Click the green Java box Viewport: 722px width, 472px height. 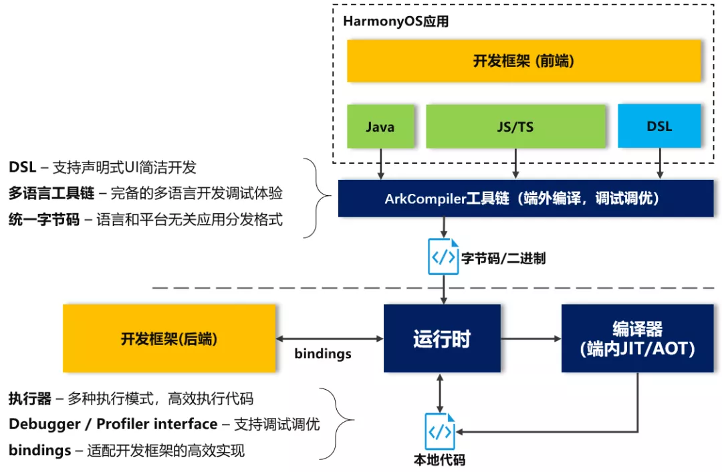(380, 126)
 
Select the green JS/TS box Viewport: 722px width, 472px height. (515, 126)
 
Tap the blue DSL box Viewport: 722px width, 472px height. (659, 126)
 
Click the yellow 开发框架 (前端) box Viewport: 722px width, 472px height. (524, 61)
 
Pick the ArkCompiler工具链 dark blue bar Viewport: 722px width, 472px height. (526, 199)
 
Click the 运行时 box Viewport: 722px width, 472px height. (442, 338)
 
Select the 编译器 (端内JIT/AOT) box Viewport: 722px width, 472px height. (638, 338)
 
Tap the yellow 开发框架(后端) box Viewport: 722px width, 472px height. (169, 338)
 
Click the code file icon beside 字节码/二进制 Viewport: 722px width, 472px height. (443, 257)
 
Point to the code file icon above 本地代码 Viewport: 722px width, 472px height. (440, 431)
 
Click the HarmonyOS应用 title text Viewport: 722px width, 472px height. (396, 21)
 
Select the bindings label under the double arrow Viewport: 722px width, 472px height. (323, 354)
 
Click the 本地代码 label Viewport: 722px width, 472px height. (440, 459)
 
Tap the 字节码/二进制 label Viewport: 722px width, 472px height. (503, 258)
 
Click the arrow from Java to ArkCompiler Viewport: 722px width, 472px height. (380, 164)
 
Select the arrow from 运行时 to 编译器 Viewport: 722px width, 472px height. (531, 338)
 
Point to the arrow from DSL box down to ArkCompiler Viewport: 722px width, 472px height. (660, 164)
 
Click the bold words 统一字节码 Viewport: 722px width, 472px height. (44, 219)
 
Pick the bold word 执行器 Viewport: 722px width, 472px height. (30, 398)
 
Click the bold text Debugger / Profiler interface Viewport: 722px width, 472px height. (113, 424)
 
